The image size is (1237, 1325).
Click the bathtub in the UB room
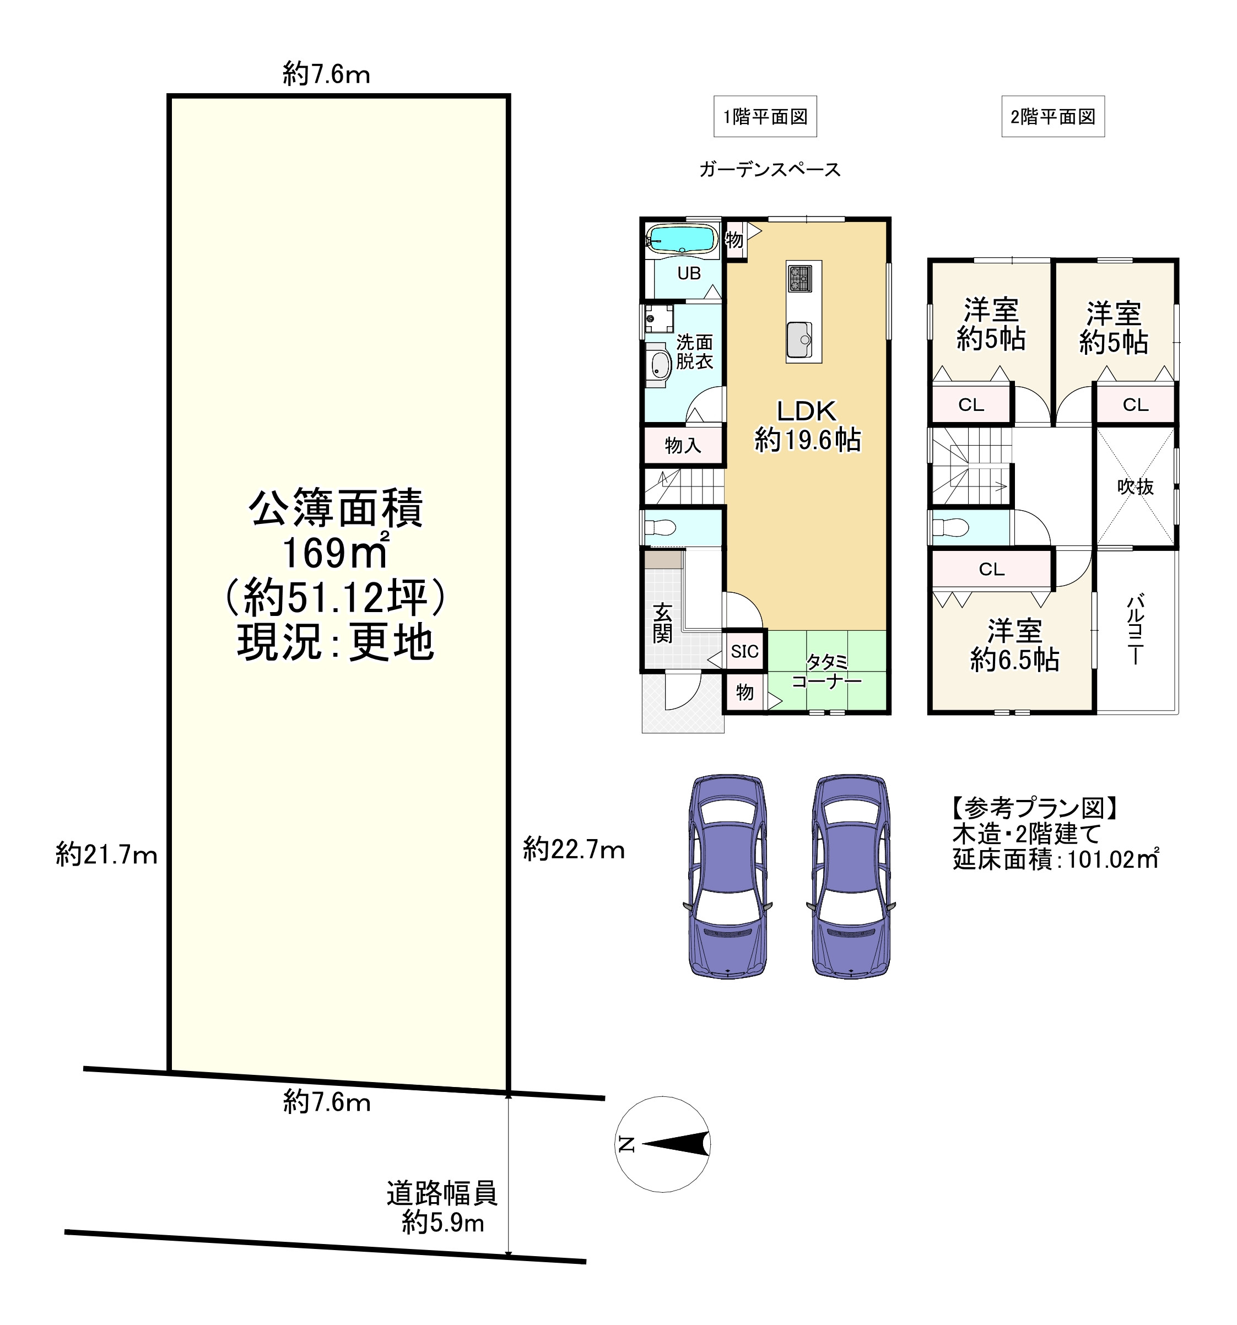(x=680, y=239)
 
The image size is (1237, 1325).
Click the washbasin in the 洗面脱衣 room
(x=660, y=364)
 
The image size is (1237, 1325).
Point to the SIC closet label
(x=744, y=651)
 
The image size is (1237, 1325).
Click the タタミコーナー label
(x=827, y=671)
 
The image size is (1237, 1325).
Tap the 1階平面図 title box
(x=765, y=117)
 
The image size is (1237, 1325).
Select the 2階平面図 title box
(x=1053, y=117)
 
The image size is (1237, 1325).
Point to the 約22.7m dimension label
(x=574, y=850)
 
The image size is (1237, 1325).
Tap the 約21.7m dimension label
(x=107, y=854)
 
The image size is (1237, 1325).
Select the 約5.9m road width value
(x=443, y=1223)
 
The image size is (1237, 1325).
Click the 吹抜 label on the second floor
(x=1136, y=486)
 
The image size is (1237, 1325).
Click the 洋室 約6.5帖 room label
(x=1014, y=645)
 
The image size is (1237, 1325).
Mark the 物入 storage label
(x=683, y=445)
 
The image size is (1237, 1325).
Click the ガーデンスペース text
(x=770, y=170)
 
